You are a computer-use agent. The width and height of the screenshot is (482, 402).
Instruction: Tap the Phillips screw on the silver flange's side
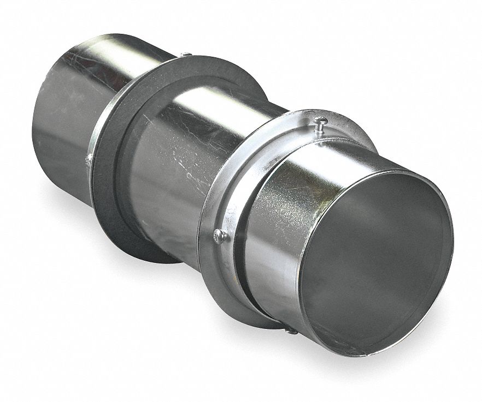pyautogui.click(x=220, y=236)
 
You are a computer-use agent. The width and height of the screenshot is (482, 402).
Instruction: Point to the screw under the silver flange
pyautogui.click(x=291, y=329)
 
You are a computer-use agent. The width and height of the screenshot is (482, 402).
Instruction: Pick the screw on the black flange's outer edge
pyautogui.click(x=88, y=160)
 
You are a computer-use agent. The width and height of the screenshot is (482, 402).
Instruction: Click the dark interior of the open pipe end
pyautogui.click(x=377, y=262)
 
